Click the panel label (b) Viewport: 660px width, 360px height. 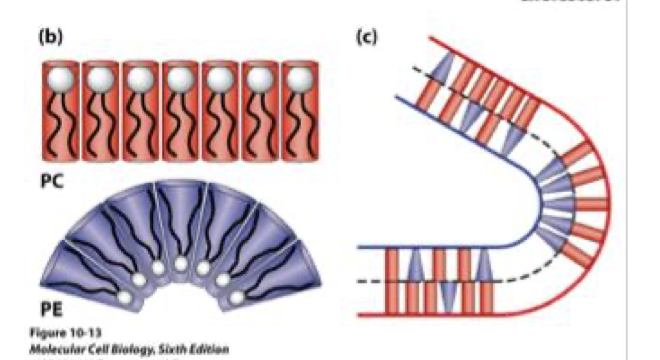(x=51, y=38)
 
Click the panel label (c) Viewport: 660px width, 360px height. (x=366, y=38)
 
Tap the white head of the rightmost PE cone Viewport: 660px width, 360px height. (x=237, y=297)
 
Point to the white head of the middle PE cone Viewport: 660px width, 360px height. (x=180, y=265)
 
